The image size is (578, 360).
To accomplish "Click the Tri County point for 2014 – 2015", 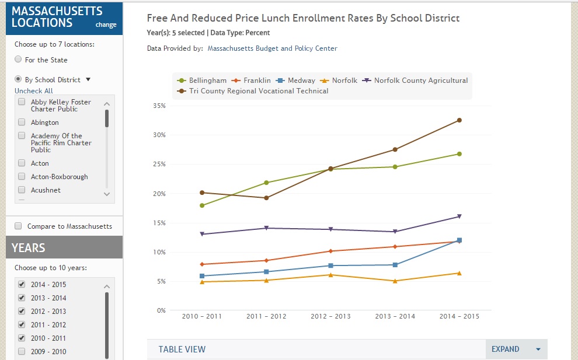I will coord(459,120).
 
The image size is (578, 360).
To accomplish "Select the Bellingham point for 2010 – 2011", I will coord(202,205).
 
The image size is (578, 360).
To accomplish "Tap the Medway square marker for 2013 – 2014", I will coord(395,265).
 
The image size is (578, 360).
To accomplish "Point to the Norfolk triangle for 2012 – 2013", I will coord(331,275).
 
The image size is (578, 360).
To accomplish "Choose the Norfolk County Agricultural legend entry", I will coord(416,81).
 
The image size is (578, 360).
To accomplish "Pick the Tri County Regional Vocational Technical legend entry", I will coord(254,91).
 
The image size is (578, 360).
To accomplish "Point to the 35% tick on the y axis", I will coord(159,106).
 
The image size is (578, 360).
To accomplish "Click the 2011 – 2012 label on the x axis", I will coord(266,316).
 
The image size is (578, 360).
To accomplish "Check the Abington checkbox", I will coord(22,123).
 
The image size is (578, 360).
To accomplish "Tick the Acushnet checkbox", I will coord(22,190).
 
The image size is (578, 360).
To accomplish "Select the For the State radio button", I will coord(18,60).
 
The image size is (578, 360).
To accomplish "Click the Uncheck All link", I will coord(34,91).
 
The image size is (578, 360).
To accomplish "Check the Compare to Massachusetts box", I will coord(18,226).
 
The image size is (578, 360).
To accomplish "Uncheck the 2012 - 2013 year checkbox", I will coord(22,311).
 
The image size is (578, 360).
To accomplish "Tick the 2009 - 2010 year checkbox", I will coord(22,351).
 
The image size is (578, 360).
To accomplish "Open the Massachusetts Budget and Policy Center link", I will coord(273,48).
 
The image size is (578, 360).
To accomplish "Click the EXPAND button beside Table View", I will coord(516,349).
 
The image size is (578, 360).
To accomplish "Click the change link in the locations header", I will coord(106,25).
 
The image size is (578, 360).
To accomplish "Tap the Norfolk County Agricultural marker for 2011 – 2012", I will coord(266,228).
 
